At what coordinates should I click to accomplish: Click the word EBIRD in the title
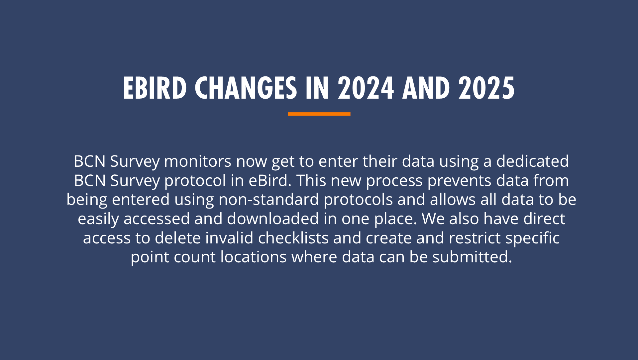pyautogui.click(x=155, y=88)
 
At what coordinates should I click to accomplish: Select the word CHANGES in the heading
pyautogui.click(x=246, y=88)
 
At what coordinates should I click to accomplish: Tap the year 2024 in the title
pyautogui.click(x=366, y=88)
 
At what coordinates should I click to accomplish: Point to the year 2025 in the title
pyautogui.click(x=486, y=88)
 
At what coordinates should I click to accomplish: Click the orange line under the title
pyautogui.click(x=319, y=114)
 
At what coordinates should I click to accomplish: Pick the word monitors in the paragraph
pyautogui.click(x=197, y=161)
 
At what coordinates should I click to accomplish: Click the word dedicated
pyautogui.click(x=532, y=161)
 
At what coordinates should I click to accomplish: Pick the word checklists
pyautogui.click(x=293, y=238)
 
